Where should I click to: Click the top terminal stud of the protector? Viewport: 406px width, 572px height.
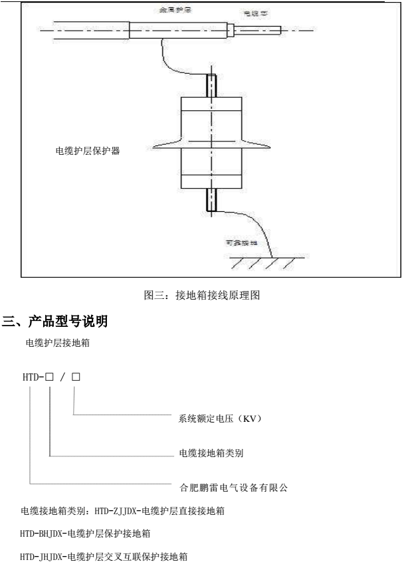coord(211,84)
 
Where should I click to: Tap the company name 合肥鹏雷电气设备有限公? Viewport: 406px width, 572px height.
coord(233,487)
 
